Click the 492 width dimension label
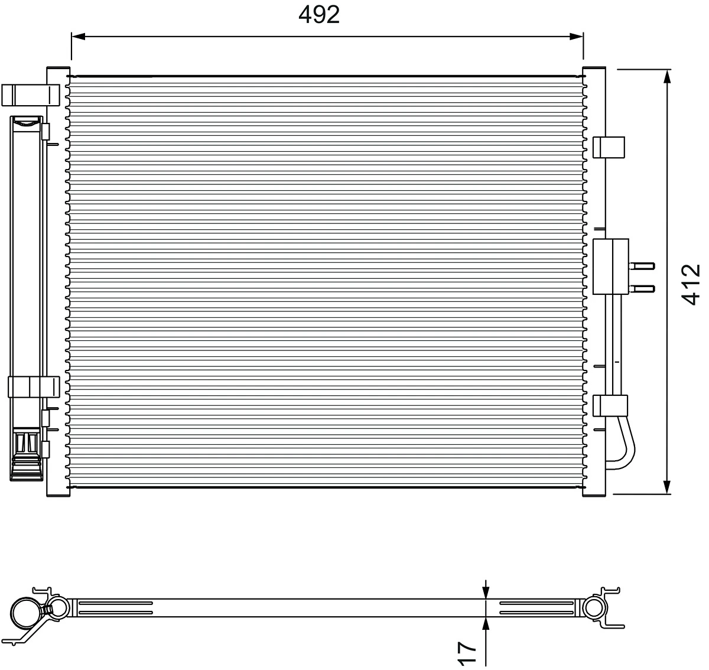(x=319, y=15)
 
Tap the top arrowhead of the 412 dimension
(x=667, y=77)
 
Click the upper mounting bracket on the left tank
(x=30, y=95)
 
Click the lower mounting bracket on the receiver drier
(x=32, y=386)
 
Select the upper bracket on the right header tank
(x=609, y=147)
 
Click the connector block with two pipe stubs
(x=611, y=266)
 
